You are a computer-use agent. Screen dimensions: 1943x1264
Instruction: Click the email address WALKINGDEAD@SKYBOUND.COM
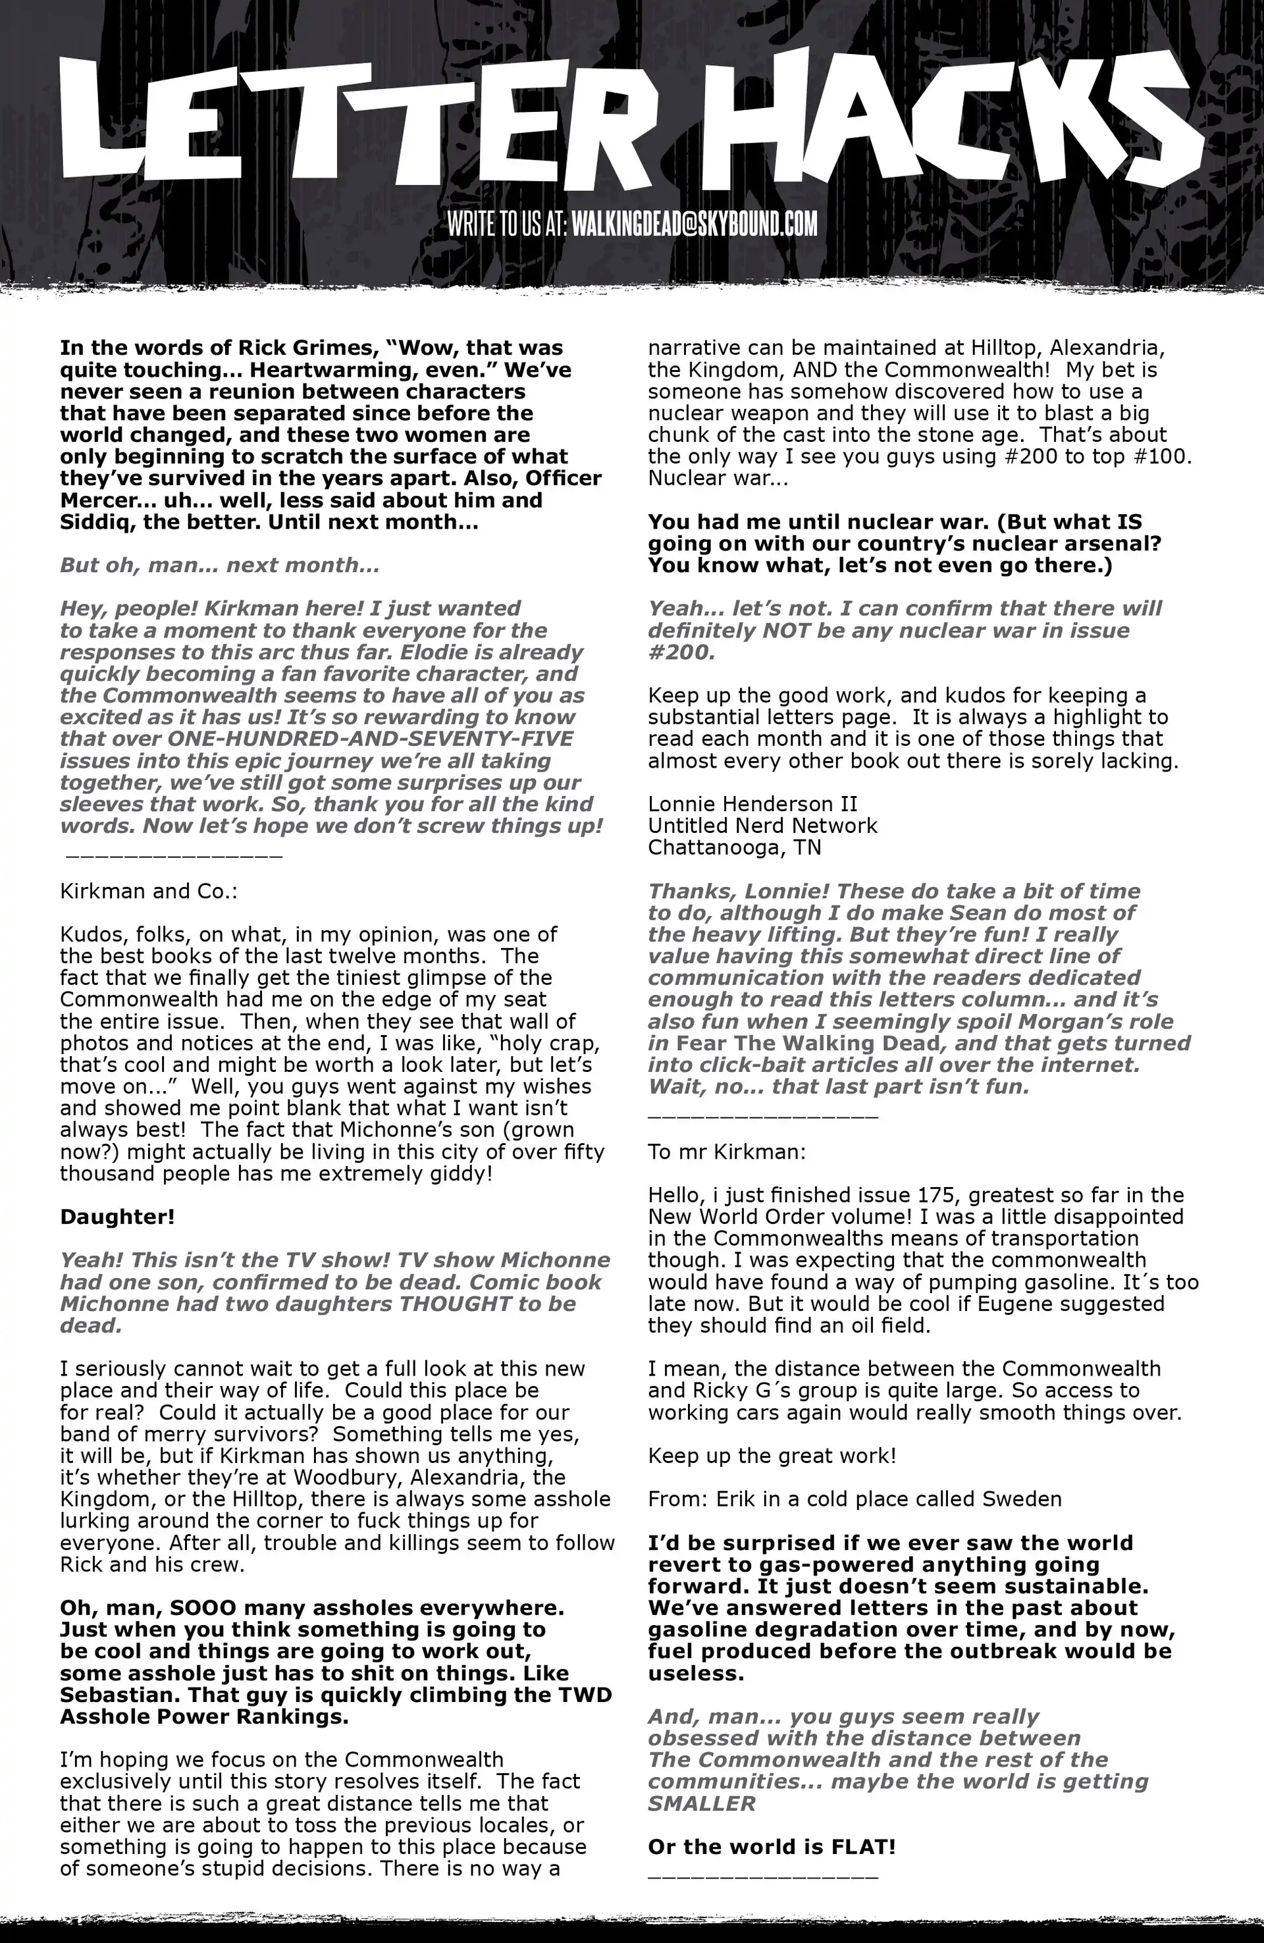(x=694, y=224)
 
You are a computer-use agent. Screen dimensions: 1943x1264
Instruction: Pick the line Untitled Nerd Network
(x=762, y=826)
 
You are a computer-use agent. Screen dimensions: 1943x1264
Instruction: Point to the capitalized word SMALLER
(x=701, y=1803)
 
